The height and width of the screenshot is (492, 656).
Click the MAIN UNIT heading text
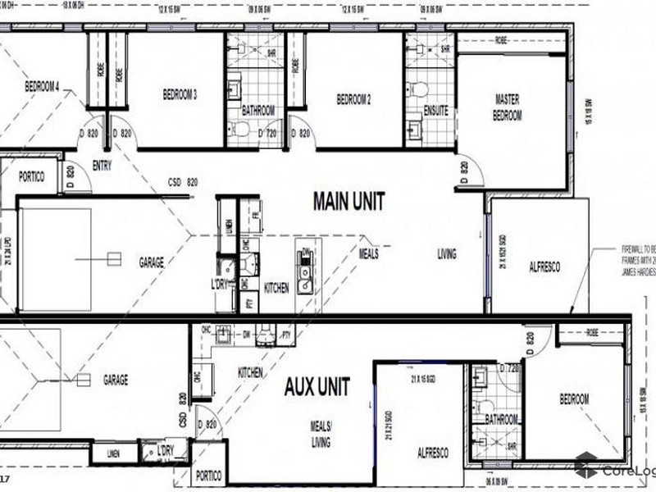point(349,200)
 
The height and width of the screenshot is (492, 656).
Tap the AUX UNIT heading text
point(317,385)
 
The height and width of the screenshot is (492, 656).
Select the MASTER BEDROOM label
point(507,107)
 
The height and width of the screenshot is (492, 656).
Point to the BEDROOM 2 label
point(354,100)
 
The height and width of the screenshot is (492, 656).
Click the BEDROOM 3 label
point(179,95)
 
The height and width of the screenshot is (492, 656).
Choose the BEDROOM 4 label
point(42,86)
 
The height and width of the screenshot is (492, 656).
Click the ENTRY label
point(102,165)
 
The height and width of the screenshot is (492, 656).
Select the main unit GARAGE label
point(151,263)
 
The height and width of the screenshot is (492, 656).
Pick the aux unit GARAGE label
point(116,380)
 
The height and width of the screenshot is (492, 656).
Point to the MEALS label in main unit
point(368,254)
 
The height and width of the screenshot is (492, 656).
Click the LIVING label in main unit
point(446,254)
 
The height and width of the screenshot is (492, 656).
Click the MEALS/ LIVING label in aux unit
point(321,435)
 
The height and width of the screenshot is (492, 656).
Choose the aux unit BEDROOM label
point(574,399)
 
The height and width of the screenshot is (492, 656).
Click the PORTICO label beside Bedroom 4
point(29,176)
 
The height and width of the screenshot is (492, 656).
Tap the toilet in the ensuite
point(416,89)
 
